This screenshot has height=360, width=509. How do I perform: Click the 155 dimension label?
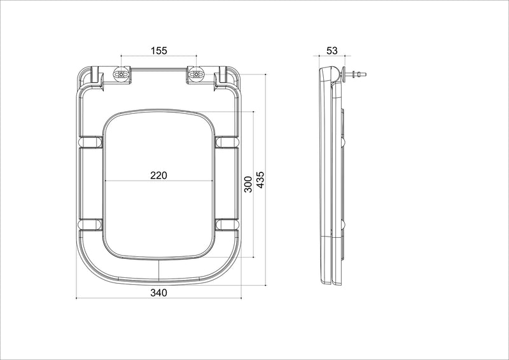[x=159, y=52]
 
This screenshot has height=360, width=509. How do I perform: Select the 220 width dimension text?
[x=158, y=176]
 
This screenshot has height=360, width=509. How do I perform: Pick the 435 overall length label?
[x=260, y=181]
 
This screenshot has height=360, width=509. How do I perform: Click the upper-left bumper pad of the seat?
[x=91, y=142]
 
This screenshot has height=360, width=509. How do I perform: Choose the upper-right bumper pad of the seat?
[x=227, y=142]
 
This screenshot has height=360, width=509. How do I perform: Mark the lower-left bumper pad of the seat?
[x=91, y=223]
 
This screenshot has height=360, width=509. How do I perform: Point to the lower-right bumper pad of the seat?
[x=227, y=223]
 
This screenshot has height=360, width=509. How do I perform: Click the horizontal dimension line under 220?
[x=158, y=183]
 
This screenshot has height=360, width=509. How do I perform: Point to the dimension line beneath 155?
[x=159, y=59]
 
